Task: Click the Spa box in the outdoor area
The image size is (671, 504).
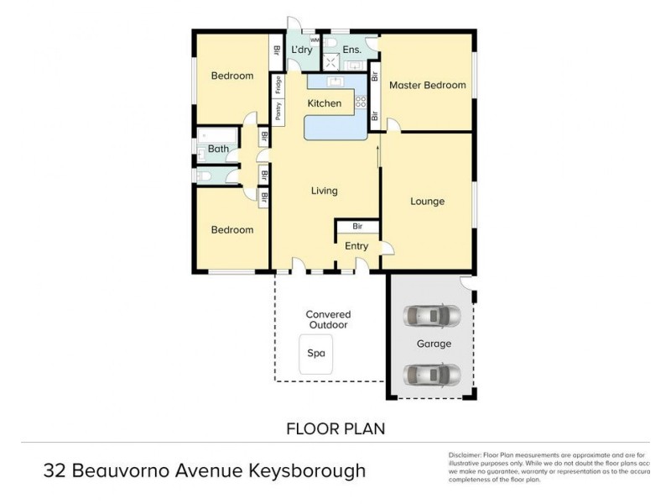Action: pos(316,354)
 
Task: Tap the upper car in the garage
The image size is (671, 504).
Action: pos(432,317)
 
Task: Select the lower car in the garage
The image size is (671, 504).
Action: pos(432,372)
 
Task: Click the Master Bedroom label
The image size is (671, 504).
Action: pos(427,85)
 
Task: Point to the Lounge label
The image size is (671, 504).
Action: pos(427,202)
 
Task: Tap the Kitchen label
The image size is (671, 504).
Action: pos(324,103)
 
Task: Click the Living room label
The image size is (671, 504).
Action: pos(324,191)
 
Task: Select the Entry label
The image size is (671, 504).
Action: pos(356,246)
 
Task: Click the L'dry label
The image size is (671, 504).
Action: pos(300,50)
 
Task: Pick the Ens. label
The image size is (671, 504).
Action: pos(352,50)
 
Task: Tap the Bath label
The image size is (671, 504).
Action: pos(218,150)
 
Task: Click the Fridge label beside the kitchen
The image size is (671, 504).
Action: pos(278,85)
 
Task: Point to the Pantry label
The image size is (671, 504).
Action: pos(278,110)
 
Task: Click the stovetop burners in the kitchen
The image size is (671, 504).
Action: pos(362,102)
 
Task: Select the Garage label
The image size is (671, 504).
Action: pos(434,344)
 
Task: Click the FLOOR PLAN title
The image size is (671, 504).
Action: pos(335,428)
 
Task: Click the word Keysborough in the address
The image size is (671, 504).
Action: pos(309,470)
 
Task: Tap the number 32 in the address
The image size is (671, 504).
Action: pos(55,470)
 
